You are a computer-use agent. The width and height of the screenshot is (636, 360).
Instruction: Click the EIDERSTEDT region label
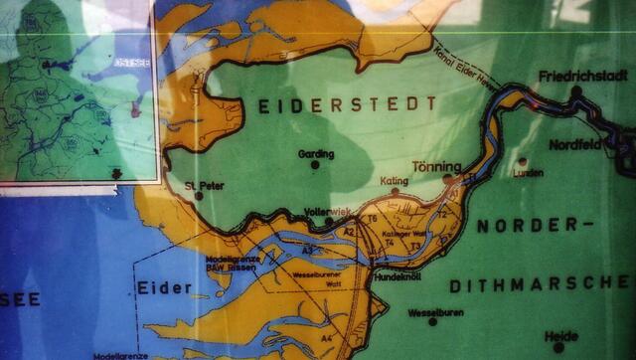tap(348, 104)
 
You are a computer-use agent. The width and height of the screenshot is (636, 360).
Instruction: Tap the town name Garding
tap(316, 153)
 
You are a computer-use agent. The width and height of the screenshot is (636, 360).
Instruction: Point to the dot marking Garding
tap(315, 165)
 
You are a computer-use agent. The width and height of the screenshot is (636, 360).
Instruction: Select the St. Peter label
tap(203, 183)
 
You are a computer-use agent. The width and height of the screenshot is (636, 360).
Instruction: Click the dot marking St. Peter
tap(199, 195)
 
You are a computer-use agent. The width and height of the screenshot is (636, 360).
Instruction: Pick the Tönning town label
tap(436, 166)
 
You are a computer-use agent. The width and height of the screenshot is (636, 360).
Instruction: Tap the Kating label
tap(395, 181)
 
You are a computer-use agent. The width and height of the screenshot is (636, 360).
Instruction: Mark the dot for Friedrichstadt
tap(576, 90)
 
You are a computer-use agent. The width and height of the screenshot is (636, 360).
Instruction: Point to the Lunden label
tap(528, 173)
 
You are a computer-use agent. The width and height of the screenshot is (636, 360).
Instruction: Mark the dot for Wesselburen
tap(432, 322)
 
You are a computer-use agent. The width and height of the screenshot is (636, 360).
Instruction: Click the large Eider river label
tap(164, 288)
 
